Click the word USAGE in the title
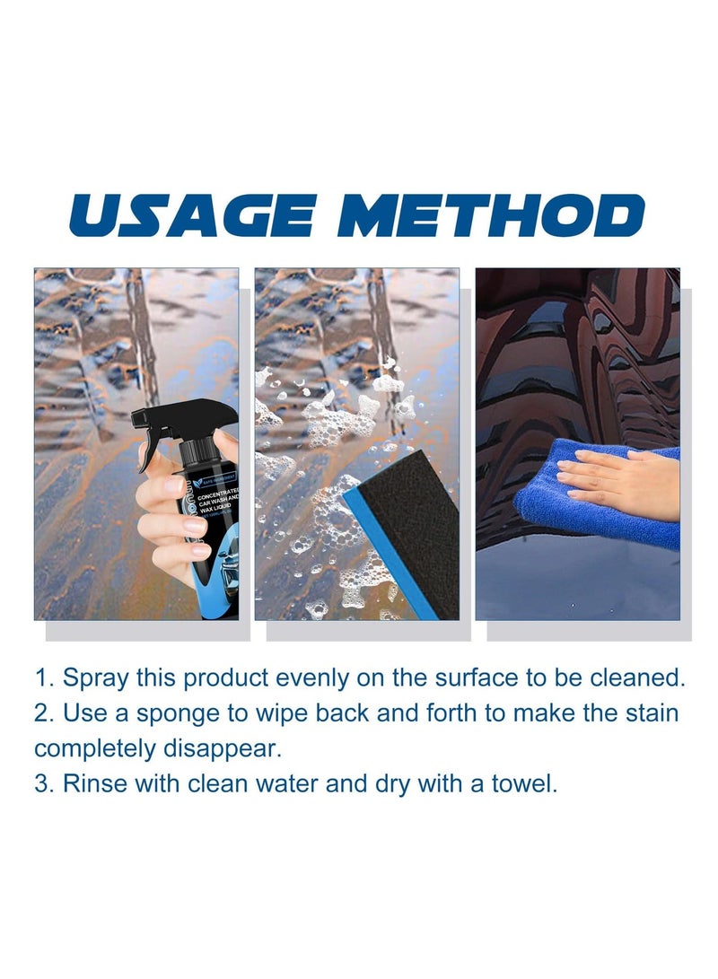(x=193, y=216)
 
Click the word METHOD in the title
(x=492, y=216)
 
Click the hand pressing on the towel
(x=619, y=480)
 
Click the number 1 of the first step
(x=41, y=677)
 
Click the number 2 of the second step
(x=41, y=712)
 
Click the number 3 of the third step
(x=41, y=783)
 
